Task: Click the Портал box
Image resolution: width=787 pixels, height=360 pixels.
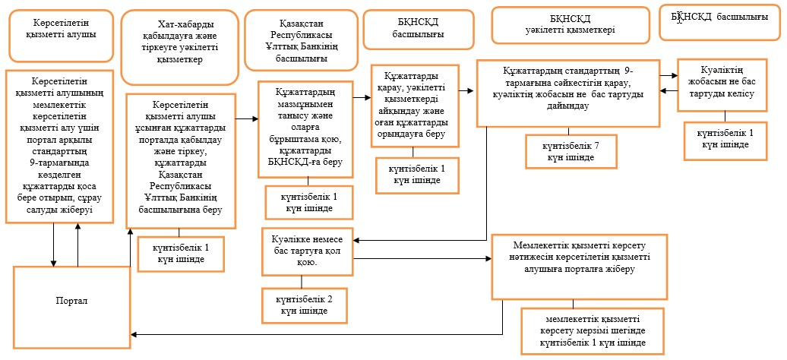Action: [x=72, y=307]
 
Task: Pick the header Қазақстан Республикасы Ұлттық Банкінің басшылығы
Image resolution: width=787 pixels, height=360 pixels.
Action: [x=301, y=40]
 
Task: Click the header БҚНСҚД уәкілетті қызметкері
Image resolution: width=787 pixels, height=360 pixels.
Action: [x=568, y=24]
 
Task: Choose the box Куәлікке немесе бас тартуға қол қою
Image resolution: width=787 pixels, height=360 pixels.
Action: [x=308, y=251]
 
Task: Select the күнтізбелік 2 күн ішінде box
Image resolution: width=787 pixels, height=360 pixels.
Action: [x=304, y=305]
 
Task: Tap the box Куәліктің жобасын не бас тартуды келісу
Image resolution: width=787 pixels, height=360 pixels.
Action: [x=722, y=85]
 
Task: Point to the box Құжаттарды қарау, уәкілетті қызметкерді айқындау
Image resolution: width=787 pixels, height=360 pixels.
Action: [x=415, y=106]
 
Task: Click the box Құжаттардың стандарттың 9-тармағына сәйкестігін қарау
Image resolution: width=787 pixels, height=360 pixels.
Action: [x=567, y=93]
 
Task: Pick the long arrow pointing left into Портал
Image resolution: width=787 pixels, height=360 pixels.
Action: [x=318, y=334]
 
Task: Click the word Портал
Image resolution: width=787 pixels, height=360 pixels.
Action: [x=72, y=301]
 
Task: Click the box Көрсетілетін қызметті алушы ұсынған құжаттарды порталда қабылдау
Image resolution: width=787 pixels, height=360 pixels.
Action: [x=180, y=160]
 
